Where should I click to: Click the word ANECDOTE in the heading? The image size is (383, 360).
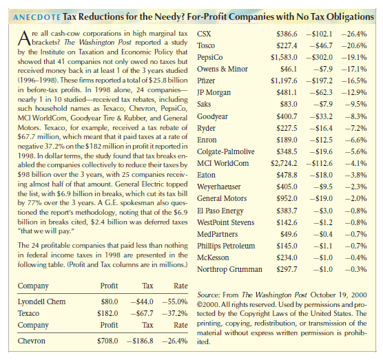[37, 17]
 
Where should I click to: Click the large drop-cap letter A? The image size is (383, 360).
[24, 38]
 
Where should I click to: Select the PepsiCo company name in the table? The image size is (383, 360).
[210, 57]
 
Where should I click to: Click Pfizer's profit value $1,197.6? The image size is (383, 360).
[284, 81]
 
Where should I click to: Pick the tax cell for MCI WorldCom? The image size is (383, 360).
[320, 163]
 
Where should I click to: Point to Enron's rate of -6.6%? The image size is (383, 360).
[356, 140]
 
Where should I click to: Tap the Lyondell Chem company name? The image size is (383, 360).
[41, 301]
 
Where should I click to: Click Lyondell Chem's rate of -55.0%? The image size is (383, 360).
[175, 301]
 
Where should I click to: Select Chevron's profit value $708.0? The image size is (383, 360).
[107, 341]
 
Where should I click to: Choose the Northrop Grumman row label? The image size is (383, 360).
[229, 269]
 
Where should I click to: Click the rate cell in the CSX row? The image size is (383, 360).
[354, 34]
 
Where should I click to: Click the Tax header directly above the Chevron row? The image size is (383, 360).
[148, 325]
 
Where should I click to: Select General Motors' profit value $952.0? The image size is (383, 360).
[287, 198]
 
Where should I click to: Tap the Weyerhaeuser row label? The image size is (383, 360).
[219, 187]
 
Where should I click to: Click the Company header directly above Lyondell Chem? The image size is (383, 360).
[33, 286]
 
